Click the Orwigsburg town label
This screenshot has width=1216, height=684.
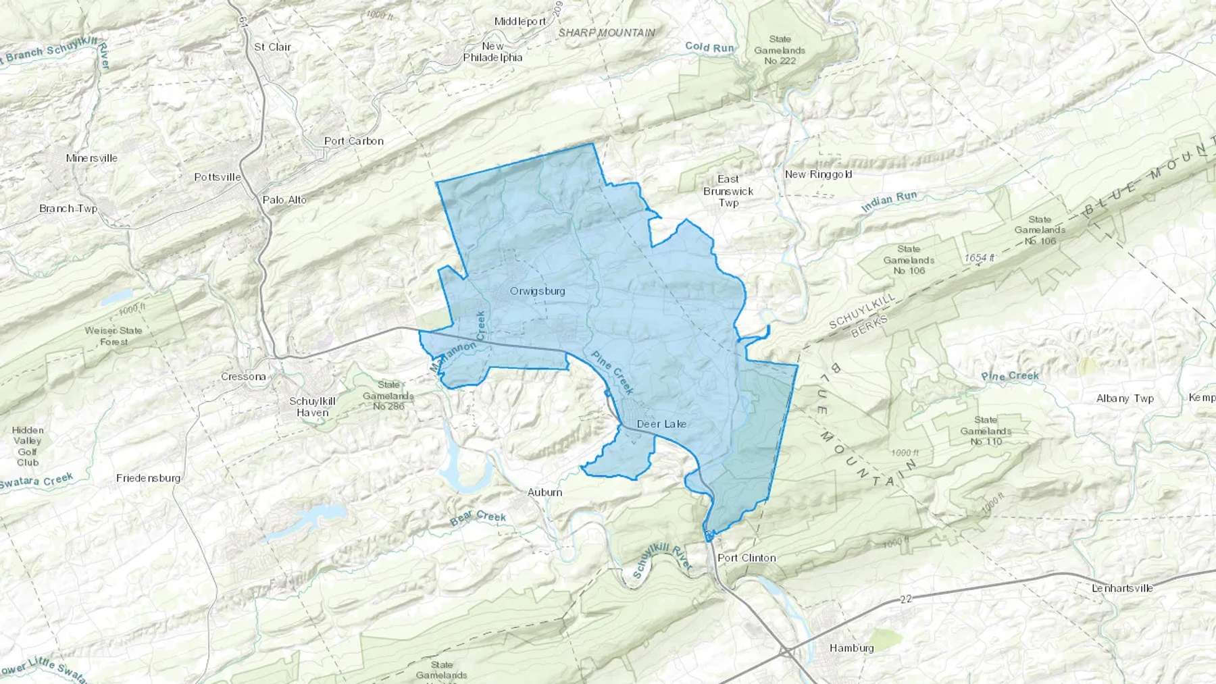537,291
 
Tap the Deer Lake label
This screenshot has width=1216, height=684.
661,424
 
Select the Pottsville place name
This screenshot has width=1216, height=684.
218,177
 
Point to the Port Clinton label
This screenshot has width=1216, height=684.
746,558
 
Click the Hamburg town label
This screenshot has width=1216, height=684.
851,648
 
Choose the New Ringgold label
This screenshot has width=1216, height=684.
818,174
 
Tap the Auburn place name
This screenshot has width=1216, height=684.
544,492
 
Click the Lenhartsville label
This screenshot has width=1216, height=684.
1122,588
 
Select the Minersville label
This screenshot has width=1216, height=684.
92,158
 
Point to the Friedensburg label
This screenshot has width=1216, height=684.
149,478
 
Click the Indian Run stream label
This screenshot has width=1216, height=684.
889,201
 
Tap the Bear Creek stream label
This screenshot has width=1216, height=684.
478,518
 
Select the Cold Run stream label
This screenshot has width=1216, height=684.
709,47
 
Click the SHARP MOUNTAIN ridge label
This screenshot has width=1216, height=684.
606,32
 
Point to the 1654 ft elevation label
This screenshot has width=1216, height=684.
980,258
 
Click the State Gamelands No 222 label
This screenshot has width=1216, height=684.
780,50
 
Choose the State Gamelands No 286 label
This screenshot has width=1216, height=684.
388,395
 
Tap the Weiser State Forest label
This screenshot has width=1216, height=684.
113,336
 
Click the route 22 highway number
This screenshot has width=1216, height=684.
906,600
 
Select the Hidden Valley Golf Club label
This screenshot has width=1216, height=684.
28,446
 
